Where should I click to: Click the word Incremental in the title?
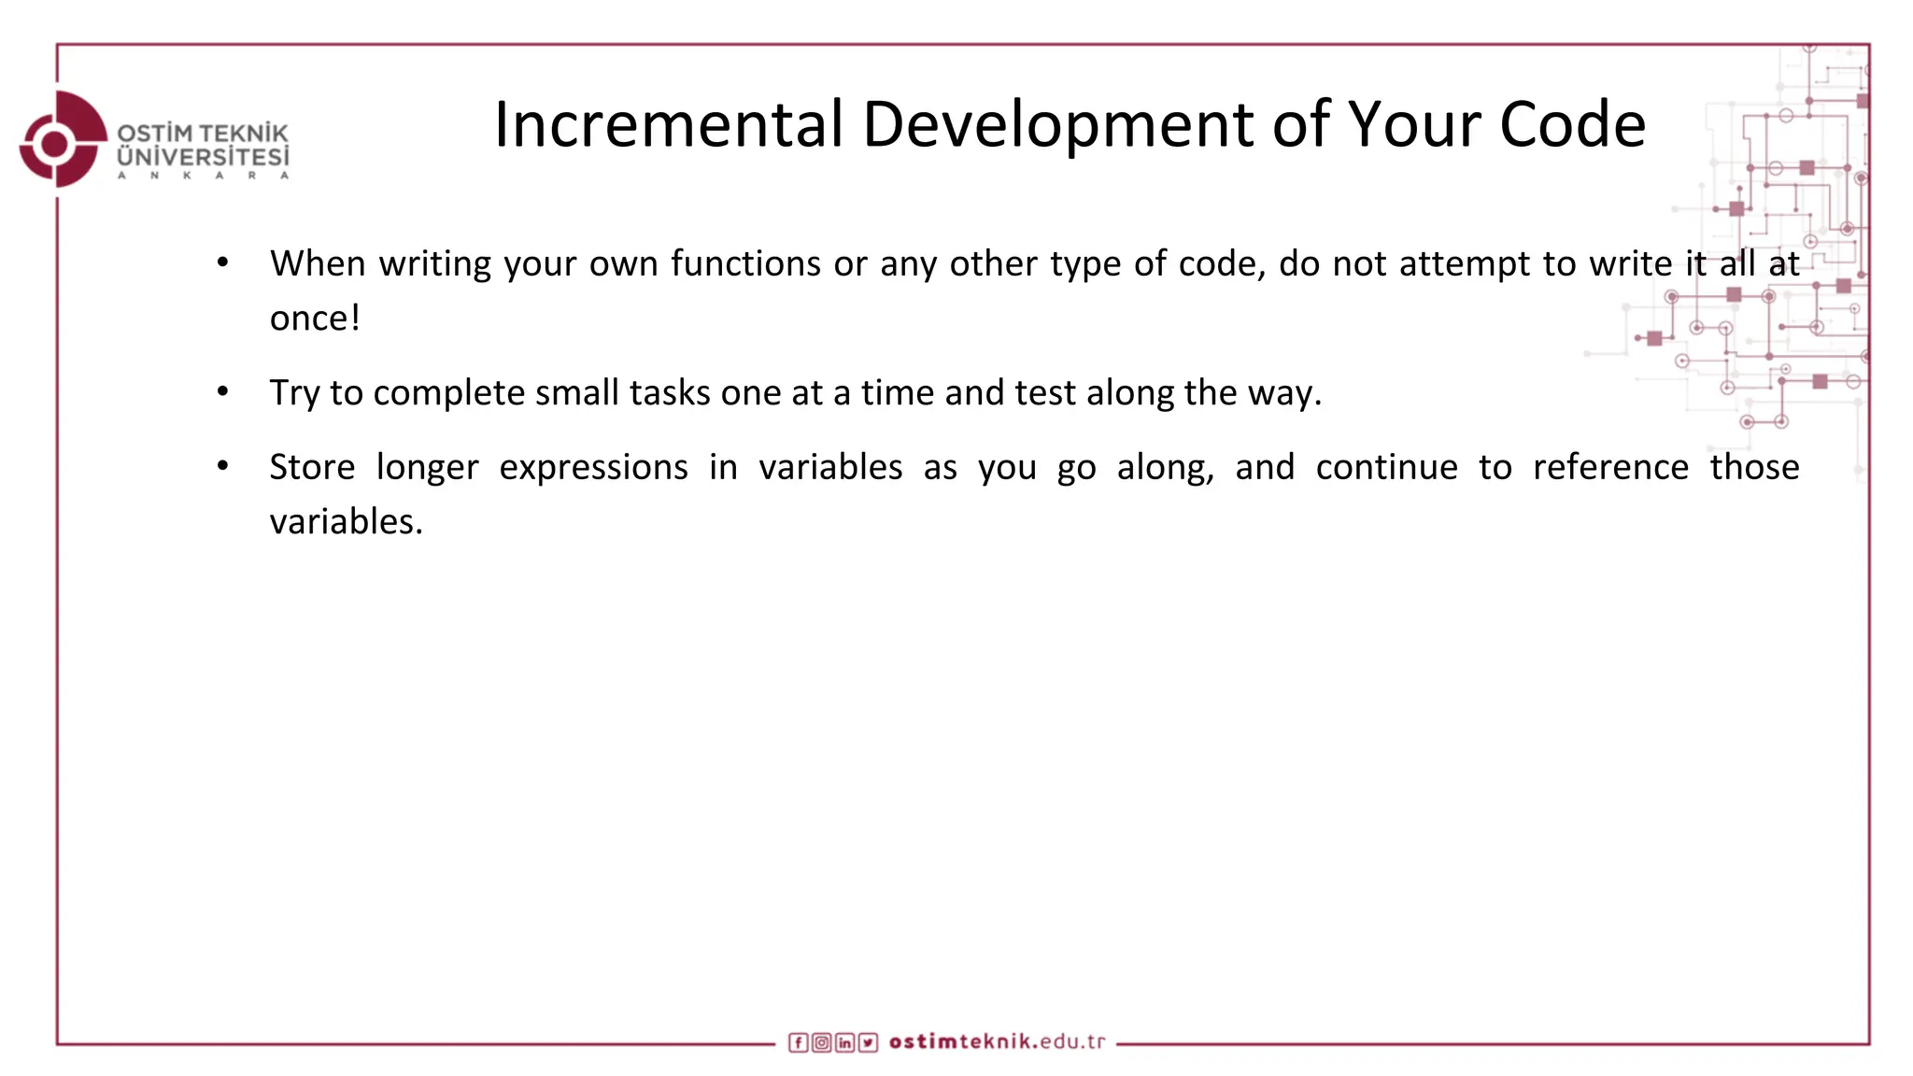[668, 124]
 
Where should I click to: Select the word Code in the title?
[1572, 124]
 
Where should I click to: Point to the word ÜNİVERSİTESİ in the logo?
[203, 156]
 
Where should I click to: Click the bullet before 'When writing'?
[222, 263]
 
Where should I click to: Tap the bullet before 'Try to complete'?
[222, 392]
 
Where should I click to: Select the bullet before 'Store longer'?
[222, 466]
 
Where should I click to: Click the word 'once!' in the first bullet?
[315, 319]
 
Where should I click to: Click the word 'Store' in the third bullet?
[312, 467]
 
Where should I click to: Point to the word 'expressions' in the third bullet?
[593, 467]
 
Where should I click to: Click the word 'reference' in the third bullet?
[1610, 467]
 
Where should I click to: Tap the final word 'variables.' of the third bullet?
[346, 521]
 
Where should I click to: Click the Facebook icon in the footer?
[798, 1042]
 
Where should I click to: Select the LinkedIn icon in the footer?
[844, 1042]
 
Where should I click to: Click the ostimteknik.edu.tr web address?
[997, 1041]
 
